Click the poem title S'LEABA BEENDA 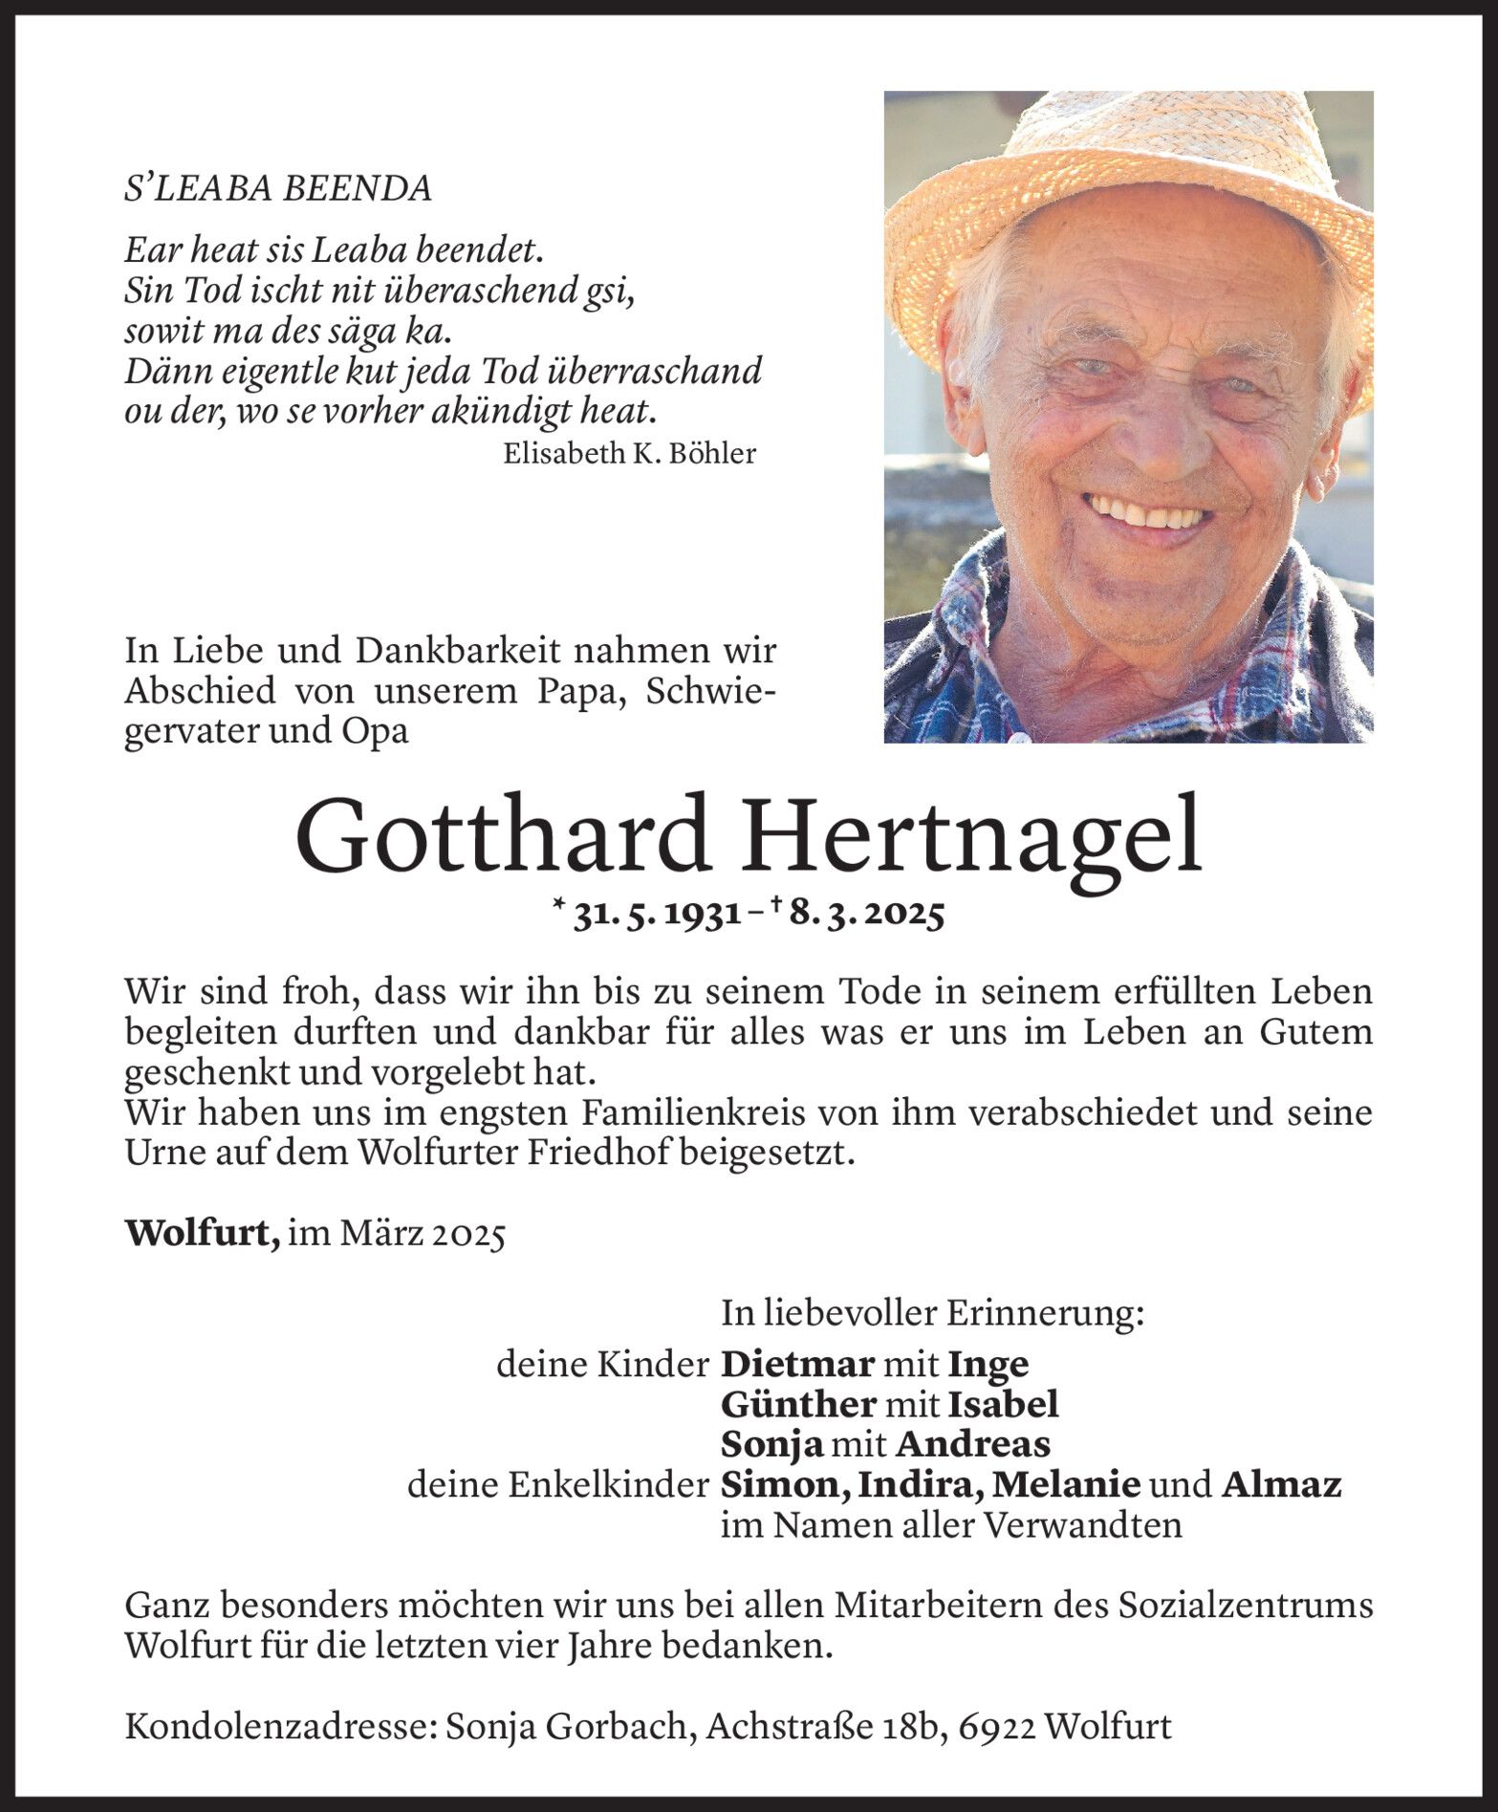pos(277,188)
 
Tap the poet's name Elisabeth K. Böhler pos(629,453)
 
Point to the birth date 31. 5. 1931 pos(658,916)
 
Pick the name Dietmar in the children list pos(797,1364)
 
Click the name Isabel pos(1003,1404)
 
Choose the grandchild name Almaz pos(1281,1484)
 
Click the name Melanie pos(1066,1484)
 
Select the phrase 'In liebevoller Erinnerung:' pos(932,1315)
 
